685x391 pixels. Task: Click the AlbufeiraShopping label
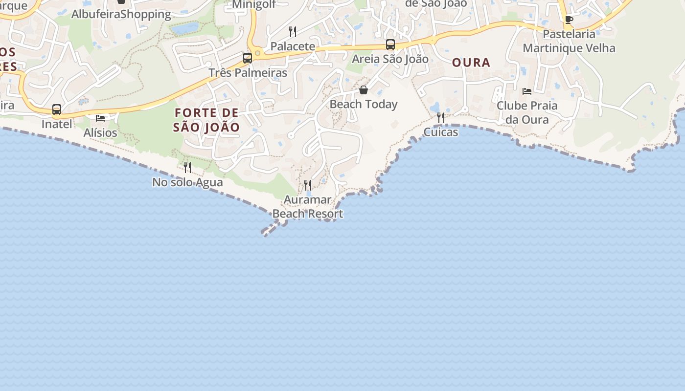point(121,14)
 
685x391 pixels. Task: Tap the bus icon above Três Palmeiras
point(248,58)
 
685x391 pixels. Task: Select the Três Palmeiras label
point(248,73)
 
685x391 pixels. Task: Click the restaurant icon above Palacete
point(293,32)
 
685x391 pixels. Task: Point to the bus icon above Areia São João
point(390,44)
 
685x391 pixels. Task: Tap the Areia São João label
point(390,59)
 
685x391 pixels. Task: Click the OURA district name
point(471,63)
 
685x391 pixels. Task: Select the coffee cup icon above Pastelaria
point(569,20)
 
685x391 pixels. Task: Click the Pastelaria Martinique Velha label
point(569,41)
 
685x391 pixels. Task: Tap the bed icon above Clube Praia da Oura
point(527,91)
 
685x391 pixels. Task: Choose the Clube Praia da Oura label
point(527,112)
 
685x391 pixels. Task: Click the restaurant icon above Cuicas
point(441,117)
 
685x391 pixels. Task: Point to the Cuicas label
point(441,132)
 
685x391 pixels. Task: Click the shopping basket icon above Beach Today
point(364,90)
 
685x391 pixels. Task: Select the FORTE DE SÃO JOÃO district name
point(206,120)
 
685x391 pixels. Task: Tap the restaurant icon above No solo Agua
point(187,168)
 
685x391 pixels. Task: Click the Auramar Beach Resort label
point(308,207)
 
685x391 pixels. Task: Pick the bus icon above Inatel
point(57,109)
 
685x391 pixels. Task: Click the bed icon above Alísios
point(100,118)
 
